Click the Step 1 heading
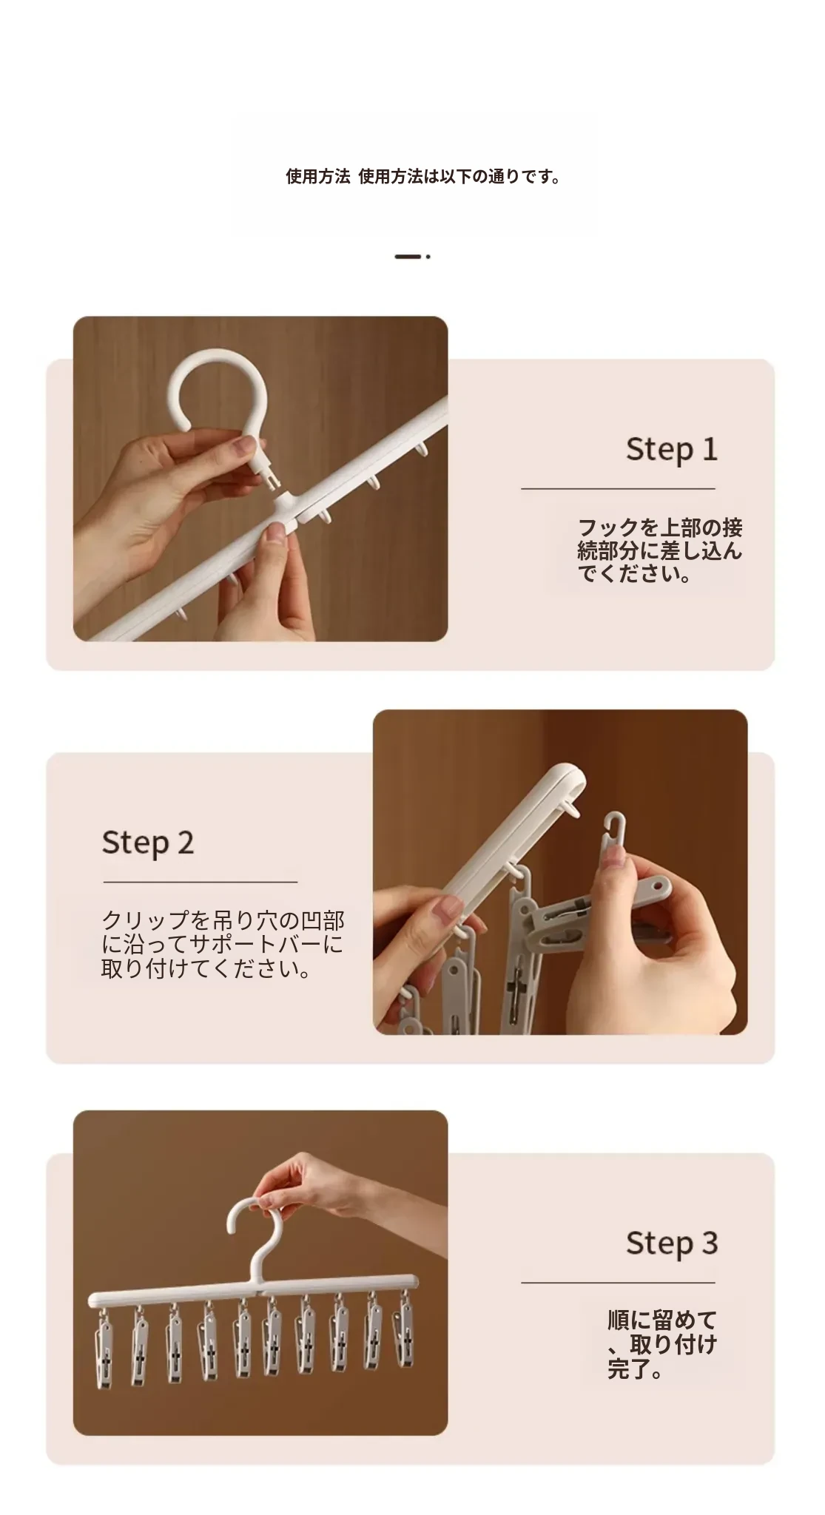pos(672,450)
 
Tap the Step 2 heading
pos(148,843)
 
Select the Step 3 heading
pos(672,1243)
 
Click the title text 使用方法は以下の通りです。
pos(459,177)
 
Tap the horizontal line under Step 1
pos(618,488)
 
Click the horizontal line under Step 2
pos(200,882)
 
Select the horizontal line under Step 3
pos(618,1282)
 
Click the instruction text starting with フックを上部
pos(659,550)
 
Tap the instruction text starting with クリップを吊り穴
pos(223,944)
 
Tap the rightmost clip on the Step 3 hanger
pos(404,1329)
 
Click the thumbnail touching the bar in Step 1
pos(276,533)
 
